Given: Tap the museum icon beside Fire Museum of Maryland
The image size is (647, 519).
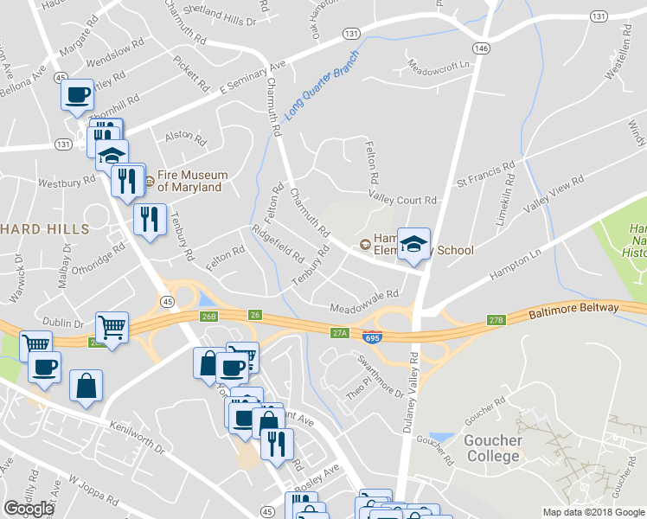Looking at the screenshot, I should (149, 182).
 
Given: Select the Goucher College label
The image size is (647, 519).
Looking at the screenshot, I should (493, 448).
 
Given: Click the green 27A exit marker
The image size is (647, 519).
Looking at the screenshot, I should (339, 331).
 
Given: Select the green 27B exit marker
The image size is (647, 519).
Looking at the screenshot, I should (495, 320).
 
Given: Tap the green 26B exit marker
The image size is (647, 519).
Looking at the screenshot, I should (208, 316).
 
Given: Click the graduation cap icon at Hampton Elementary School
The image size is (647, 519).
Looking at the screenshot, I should (413, 242).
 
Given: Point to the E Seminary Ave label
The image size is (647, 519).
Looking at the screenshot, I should (252, 78).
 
